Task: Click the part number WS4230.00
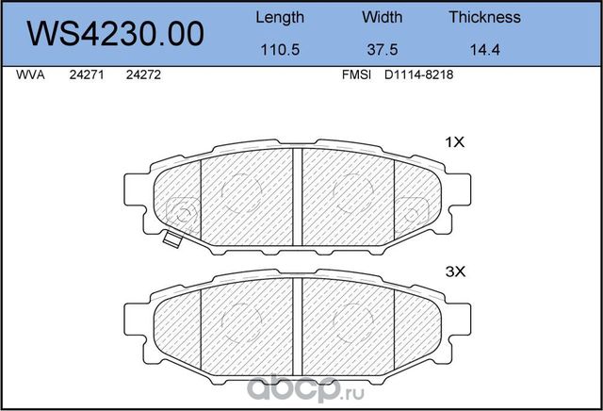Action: click(x=117, y=34)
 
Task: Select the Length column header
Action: click(x=280, y=17)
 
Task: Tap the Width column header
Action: click(x=382, y=17)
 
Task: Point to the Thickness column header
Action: click(x=484, y=17)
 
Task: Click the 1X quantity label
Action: click(x=455, y=142)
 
